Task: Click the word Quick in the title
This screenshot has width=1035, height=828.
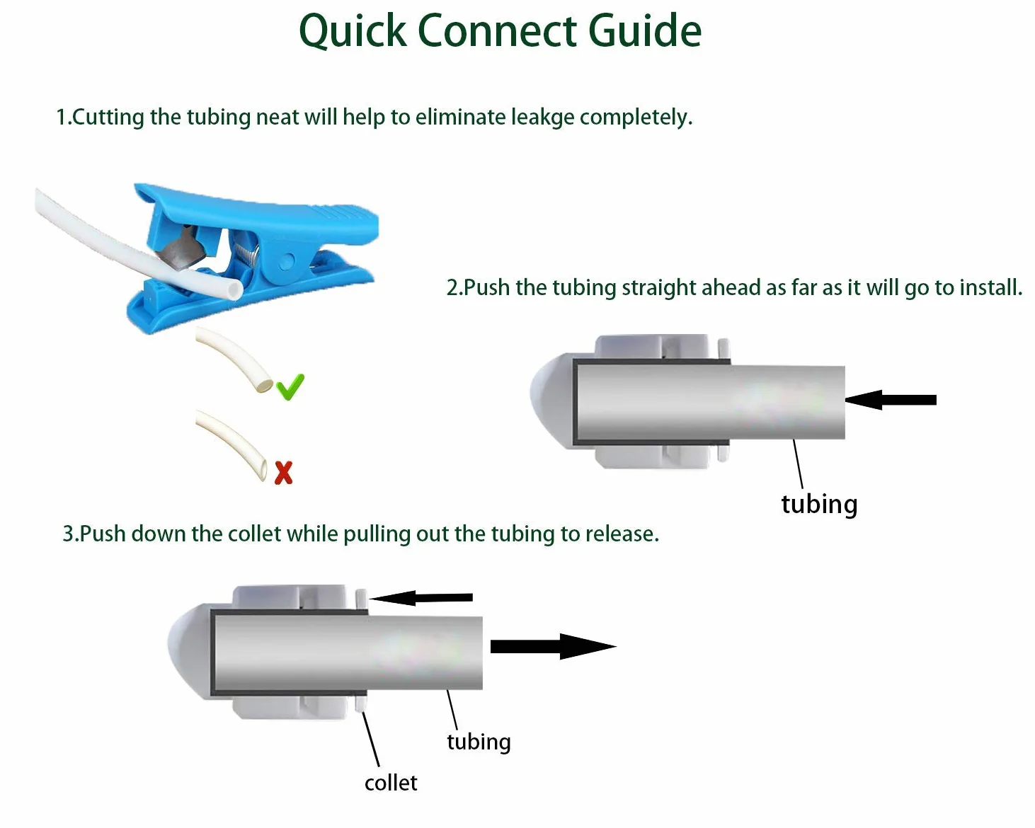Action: (353, 31)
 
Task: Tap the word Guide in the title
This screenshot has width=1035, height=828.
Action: (644, 30)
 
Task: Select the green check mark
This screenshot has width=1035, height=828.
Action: (290, 386)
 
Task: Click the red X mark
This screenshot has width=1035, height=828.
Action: (283, 473)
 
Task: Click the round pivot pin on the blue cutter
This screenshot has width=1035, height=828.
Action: (287, 261)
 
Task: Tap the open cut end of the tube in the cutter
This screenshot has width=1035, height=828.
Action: (235, 290)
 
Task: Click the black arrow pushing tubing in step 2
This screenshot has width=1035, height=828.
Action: (891, 400)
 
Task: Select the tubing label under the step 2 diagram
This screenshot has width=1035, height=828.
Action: (819, 505)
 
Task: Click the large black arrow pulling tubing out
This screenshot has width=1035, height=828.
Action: (553, 646)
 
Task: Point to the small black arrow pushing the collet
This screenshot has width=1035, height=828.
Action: (421, 598)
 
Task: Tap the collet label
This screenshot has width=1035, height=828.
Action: (391, 783)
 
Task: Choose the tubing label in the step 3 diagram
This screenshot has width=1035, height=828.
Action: (479, 742)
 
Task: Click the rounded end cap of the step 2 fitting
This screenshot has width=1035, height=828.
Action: (551, 401)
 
